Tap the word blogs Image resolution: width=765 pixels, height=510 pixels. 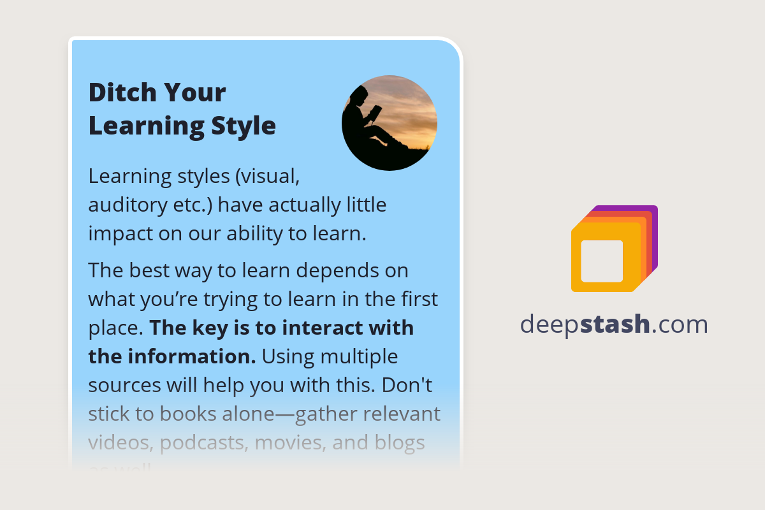[x=398, y=442]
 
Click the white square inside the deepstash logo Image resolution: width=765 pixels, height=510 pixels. [x=602, y=261]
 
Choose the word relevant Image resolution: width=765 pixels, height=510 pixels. [x=401, y=414]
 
